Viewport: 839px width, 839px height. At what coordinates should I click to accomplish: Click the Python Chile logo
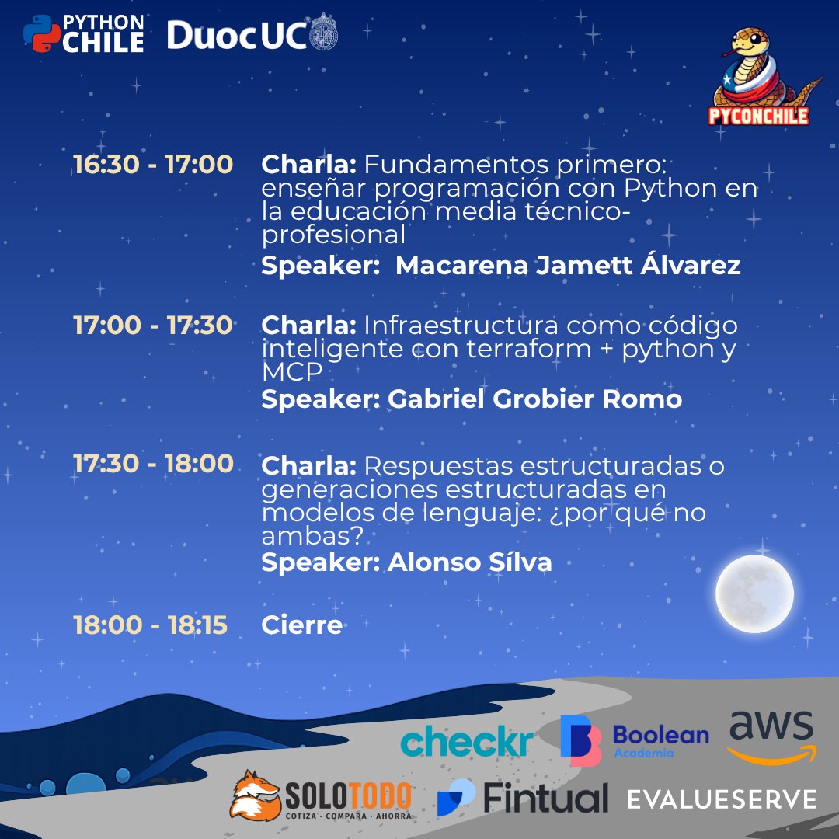click(83, 33)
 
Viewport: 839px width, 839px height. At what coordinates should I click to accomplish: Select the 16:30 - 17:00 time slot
click(153, 165)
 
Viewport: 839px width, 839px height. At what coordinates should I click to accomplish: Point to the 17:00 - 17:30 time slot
click(153, 325)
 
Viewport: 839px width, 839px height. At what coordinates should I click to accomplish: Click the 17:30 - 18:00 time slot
click(153, 463)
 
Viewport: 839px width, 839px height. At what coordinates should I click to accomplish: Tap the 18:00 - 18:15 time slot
click(151, 625)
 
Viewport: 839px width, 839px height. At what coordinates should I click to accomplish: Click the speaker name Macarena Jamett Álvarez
click(568, 266)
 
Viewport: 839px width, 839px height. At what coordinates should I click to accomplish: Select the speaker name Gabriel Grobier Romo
click(534, 399)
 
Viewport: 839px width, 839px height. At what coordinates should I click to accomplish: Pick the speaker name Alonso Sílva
click(470, 562)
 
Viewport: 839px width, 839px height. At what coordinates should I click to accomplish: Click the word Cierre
click(302, 625)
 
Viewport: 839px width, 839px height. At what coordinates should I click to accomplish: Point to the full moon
click(754, 594)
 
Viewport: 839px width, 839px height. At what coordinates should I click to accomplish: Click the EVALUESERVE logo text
click(722, 799)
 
